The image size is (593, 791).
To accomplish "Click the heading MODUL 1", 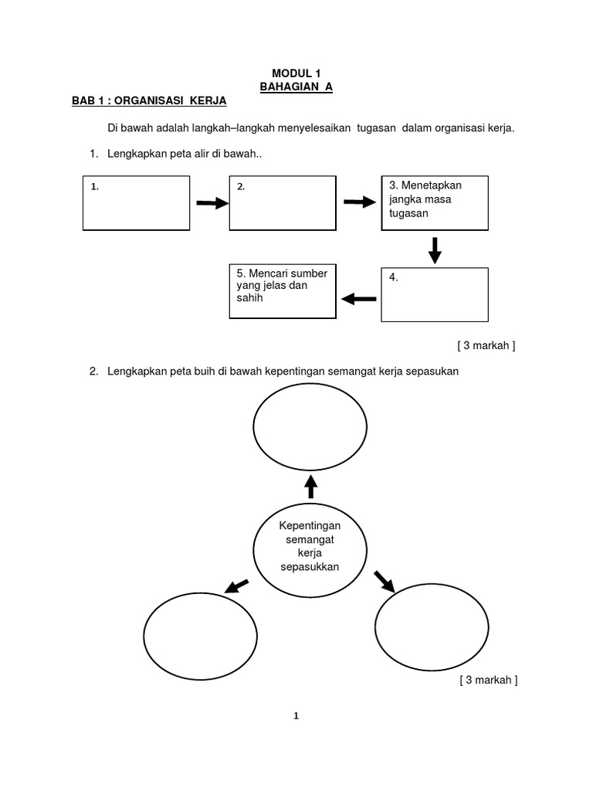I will tap(296, 73).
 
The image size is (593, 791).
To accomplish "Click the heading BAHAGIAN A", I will tap(296, 87).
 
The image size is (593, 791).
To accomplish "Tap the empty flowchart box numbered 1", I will tap(136, 202).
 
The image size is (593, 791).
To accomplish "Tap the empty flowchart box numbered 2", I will tap(283, 202).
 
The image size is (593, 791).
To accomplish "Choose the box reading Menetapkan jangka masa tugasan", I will tap(435, 202).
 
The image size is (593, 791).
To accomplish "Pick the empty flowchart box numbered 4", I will tap(435, 294).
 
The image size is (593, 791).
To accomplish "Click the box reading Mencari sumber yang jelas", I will tap(283, 291).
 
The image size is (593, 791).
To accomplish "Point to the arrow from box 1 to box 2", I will tap(212, 203).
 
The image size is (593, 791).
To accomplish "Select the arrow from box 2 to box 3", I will tap(357, 202).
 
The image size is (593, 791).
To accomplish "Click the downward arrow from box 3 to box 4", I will tap(435, 250).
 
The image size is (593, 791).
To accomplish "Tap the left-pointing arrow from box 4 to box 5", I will tap(359, 299).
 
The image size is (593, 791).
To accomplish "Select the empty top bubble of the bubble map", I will tap(310, 428).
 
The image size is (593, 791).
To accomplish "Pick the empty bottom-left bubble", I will tap(201, 636).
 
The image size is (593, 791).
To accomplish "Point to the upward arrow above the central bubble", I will tap(311, 487).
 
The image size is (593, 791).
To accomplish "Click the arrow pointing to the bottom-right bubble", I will tap(384, 580).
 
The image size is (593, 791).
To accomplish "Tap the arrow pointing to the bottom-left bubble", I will tap(237, 586).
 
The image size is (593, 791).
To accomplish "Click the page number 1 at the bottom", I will tap(296, 716).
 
